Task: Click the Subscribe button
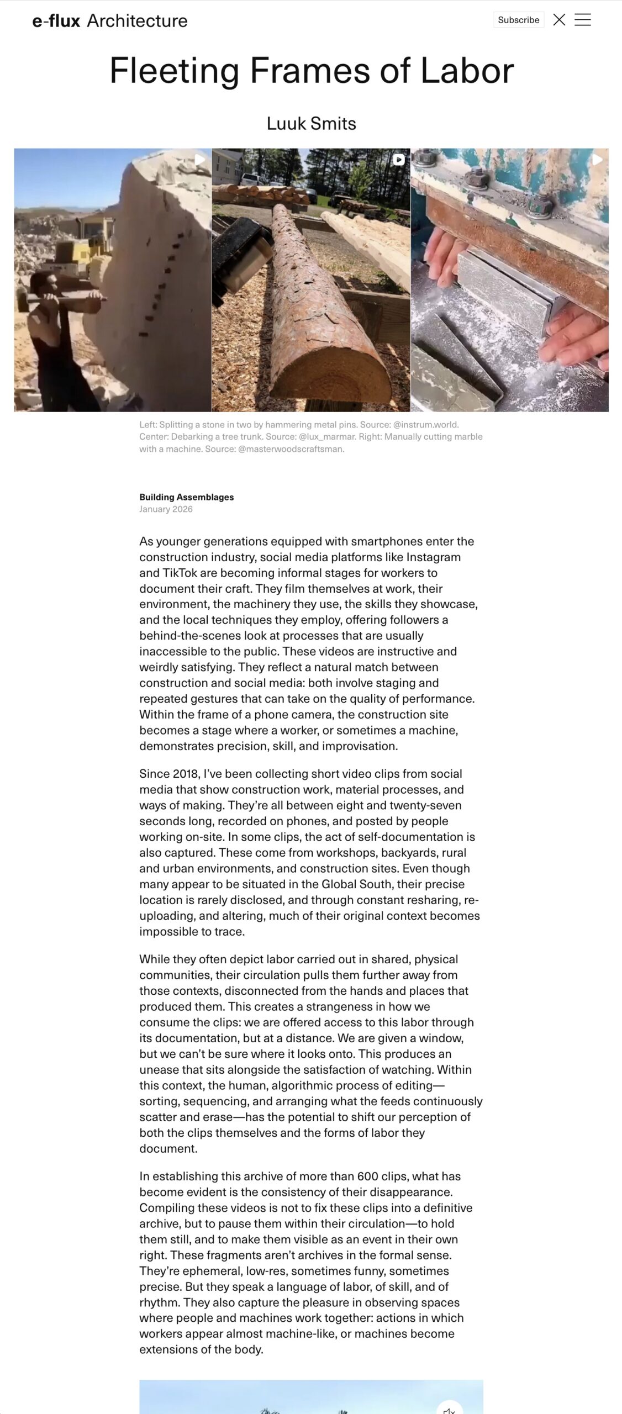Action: pos(518,20)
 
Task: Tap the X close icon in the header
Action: pos(559,20)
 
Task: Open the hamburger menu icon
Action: pos(583,20)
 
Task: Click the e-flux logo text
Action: pos(56,21)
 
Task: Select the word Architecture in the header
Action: pos(137,21)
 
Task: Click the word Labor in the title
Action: pos(467,71)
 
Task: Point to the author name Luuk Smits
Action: pos(311,123)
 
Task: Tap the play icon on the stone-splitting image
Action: pos(200,160)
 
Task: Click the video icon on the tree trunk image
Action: pos(399,160)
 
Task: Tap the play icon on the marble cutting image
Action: pos(597,160)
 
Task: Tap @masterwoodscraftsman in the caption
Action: pos(291,449)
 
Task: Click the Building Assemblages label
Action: pos(186,497)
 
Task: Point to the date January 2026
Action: pos(166,509)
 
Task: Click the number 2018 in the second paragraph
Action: pos(186,774)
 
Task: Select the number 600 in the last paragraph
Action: pos(367,1176)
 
